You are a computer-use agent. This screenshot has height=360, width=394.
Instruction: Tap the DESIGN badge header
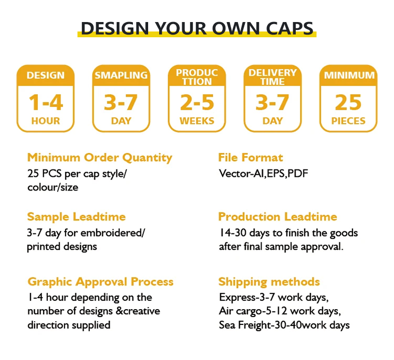pyautogui.click(x=46, y=76)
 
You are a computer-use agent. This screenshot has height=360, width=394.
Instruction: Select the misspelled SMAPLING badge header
pyautogui.click(x=121, y=76)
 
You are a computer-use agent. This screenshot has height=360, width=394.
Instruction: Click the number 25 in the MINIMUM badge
pyautogui.click(x=348, y=102)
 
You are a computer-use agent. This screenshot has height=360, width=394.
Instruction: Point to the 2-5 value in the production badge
pyautogui.click(x=197, y=102)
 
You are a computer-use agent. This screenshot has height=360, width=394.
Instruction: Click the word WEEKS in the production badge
pyautogui.click(x=197, y=121)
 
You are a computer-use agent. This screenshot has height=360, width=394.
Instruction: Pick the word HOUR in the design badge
pyautogui.click(x=46, y=121)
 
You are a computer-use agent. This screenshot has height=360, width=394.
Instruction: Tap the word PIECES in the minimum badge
pyautogui.click(x=348, y=121)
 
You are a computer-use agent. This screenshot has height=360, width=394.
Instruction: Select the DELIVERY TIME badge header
pyautogui.click(x=273, y=77)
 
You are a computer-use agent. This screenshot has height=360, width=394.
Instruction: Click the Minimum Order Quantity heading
pyautogui.click(x=100, y=157)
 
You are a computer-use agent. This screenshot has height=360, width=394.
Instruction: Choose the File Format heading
pyautogui.click(x=251, y=157)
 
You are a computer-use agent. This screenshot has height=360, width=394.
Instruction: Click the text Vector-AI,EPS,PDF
pyautogui.click(x=263, y=173)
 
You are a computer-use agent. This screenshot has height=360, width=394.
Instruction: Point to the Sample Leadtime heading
pyautogui.click(x=76, y=217)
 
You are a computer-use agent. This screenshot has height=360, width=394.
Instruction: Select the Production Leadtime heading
pyautogui.click(x=277, y=217)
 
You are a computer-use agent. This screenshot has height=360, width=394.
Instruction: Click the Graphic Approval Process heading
pyautogui.click(x=100, y=282)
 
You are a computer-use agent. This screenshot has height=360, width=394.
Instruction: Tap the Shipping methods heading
pyautogui.click(x=269, y=282)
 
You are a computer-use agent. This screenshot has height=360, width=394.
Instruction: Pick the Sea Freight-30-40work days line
pyautogui.click(x=284, y=325)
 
